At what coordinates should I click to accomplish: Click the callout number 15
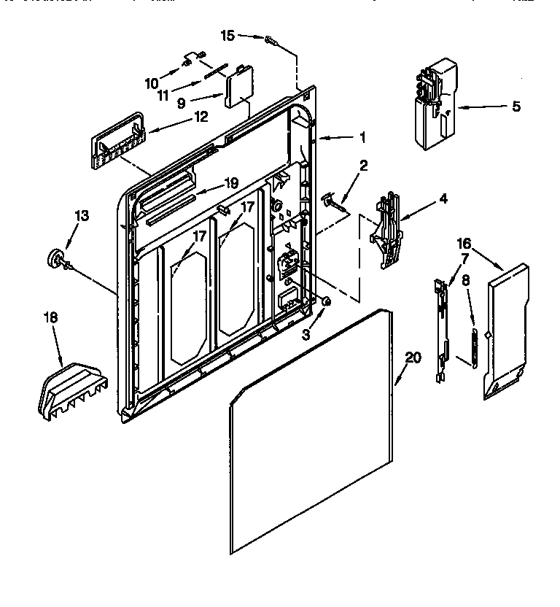click(x=228, y=34)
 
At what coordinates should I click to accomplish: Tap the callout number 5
click(x=516, y=107)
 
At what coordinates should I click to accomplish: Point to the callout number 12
click(x=201, y=116)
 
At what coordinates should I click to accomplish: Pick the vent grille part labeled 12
click(x=117, y=140)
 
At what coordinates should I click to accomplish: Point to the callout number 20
click(x=413, y=357)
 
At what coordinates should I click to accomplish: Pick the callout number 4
click(x=443, y=198)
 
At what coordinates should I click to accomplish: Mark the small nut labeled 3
click(x=326, y=301)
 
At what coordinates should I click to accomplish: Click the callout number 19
click(x=230, y=183)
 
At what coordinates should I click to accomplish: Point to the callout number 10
click(x=151, y=83)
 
